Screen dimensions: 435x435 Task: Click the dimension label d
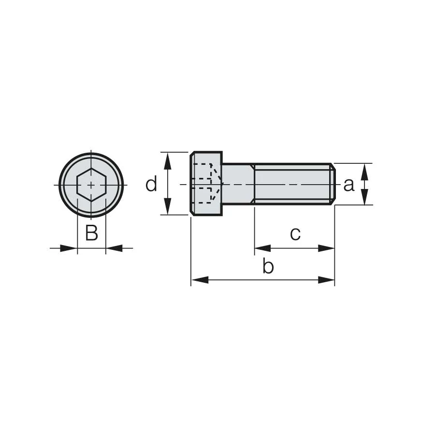click(151, 183)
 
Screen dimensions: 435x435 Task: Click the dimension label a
click(348, 185)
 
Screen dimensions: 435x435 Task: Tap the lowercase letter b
click(268, 266)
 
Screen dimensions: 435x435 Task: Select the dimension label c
click(295, 234)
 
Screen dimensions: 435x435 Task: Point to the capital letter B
click(91, 232)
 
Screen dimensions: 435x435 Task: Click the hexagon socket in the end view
click(91, 185)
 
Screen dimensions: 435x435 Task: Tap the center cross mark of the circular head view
click(91, 185)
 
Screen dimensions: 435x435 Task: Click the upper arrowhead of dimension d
click(167, 160)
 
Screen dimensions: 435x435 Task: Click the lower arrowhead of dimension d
click(167, 206)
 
